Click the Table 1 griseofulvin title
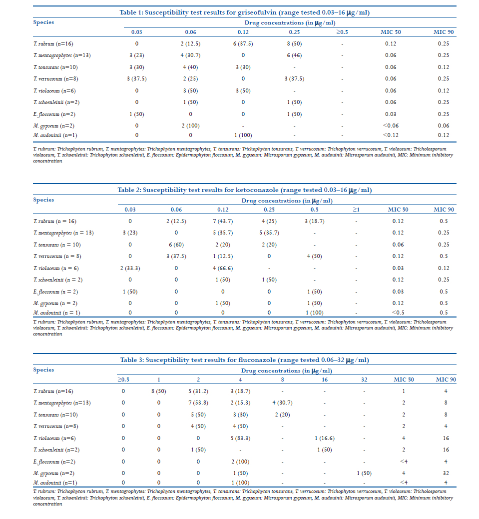click(244, 12)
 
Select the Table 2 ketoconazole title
click(244, 190)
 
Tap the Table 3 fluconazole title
click(244, 360)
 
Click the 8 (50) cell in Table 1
click(294, 43)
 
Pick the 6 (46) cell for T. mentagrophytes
click(294, 55)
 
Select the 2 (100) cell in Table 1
click(190, 125)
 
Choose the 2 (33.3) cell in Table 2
click(130, 268)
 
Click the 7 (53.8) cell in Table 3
click(198, 402)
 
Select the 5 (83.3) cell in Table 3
click(240, 438)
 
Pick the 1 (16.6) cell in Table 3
click(324, 438)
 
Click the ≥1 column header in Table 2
click(356, 209)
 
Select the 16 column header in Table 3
click(324, 379)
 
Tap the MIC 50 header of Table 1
click(391, 32)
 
